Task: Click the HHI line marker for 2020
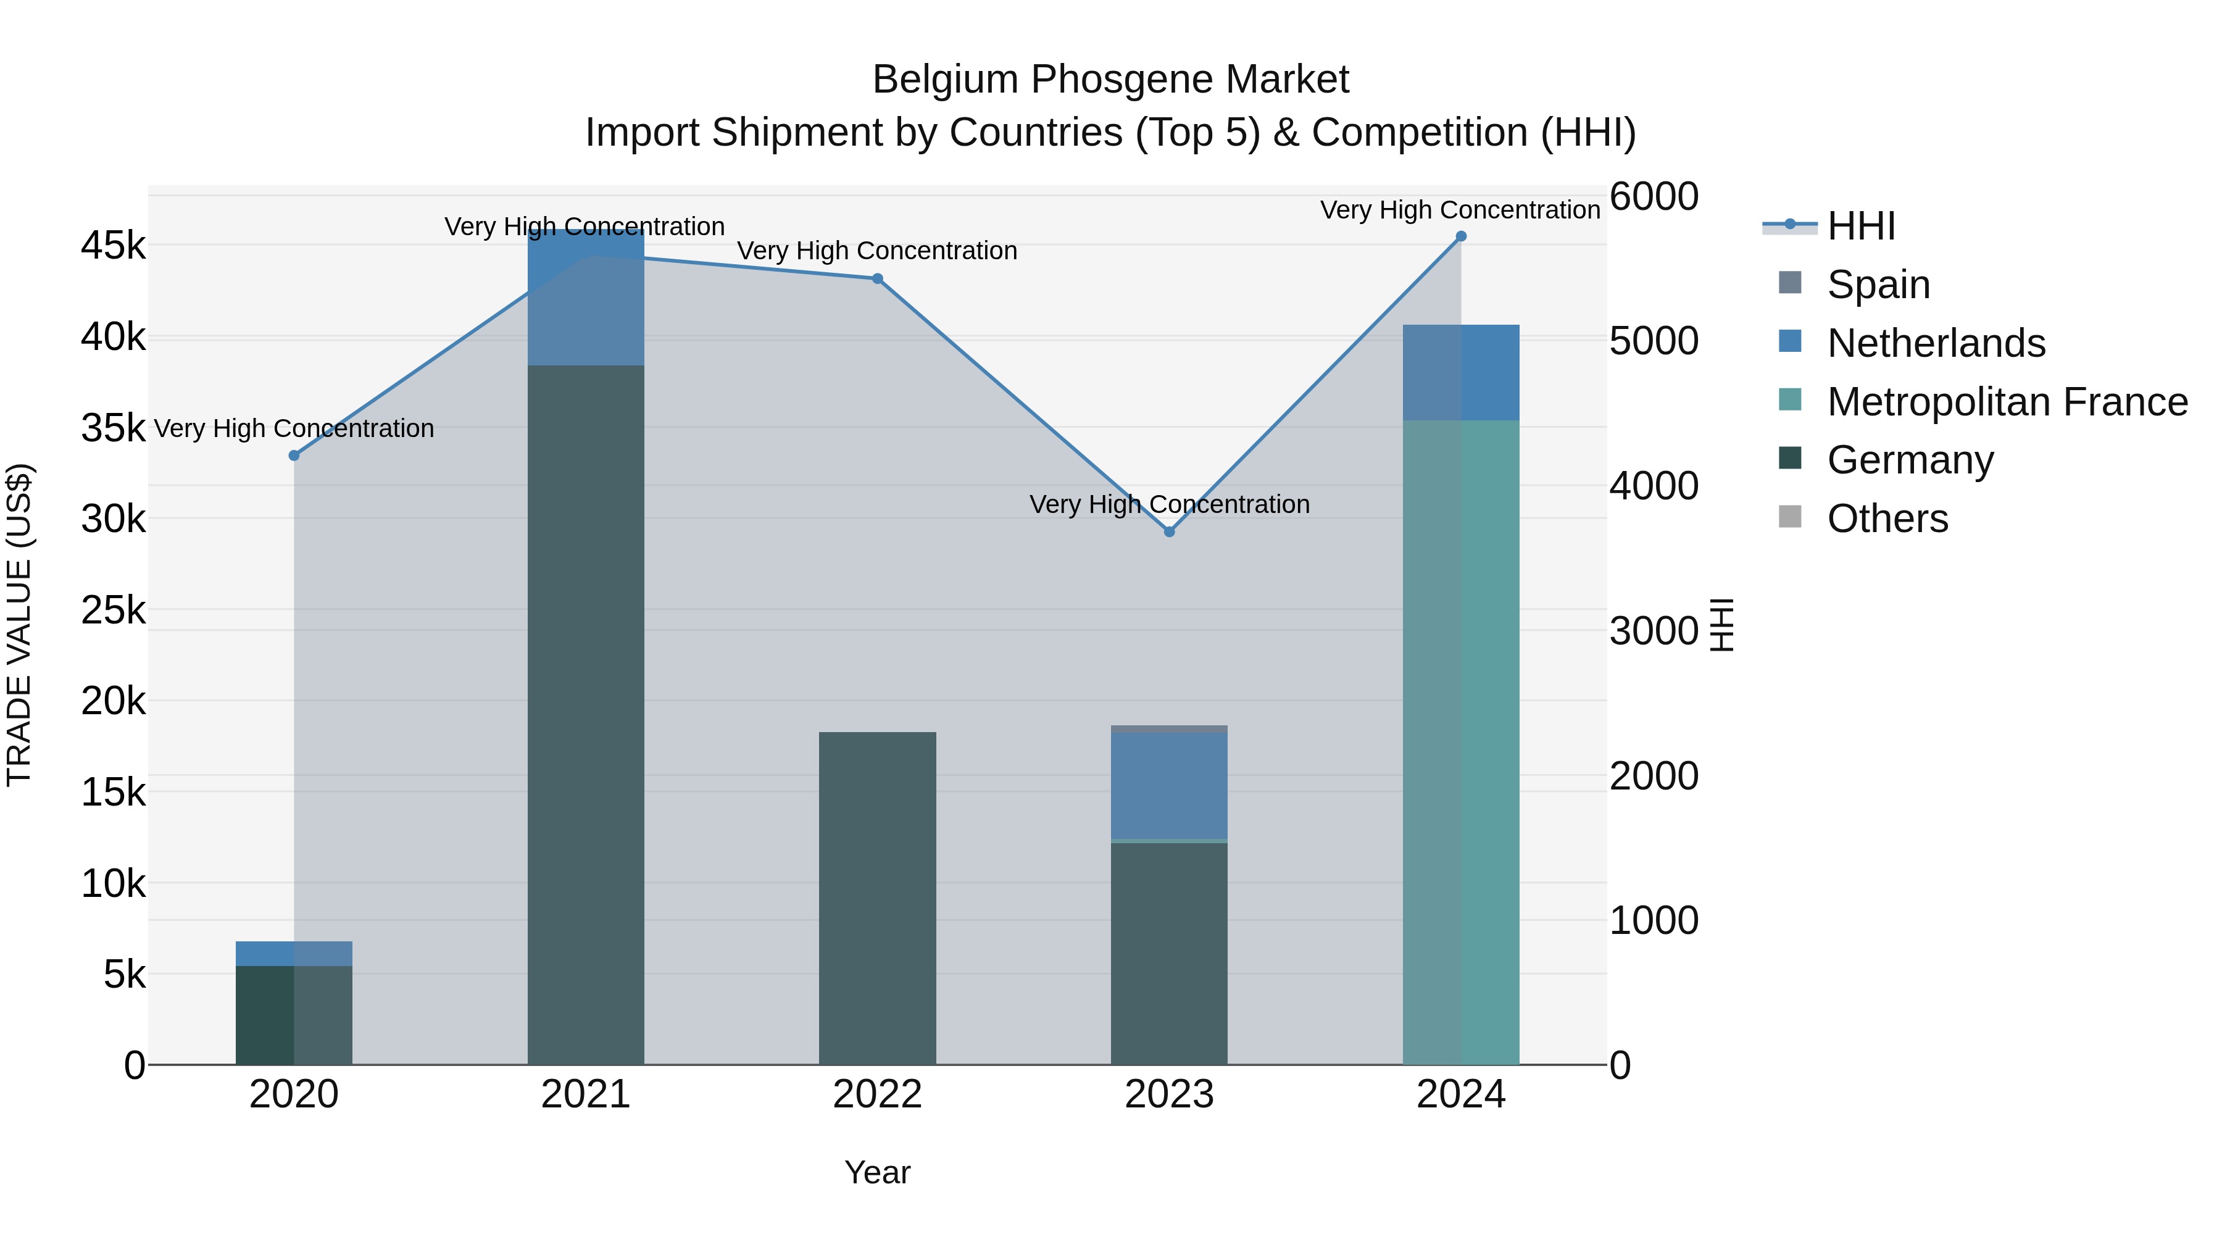(294, 456)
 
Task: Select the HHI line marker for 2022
(877, 278)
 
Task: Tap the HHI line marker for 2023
(1170, 532)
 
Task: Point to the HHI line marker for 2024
(1461, 236)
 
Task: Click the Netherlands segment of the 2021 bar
(586, 298)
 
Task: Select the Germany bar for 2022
(877, 897)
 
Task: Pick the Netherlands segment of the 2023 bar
(1169, 785)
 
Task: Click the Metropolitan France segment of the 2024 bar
(1461, 742)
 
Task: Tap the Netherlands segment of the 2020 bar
(294, 953)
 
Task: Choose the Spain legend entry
(1878, 285)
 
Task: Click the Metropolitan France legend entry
(2007, 402)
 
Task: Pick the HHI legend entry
(1860, 226)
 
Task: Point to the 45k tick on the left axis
(113, 246)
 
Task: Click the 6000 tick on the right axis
(1654, 197)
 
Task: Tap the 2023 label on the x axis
(1169, 1094)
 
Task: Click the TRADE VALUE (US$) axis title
(20, 625)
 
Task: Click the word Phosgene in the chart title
(1120, 80)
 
